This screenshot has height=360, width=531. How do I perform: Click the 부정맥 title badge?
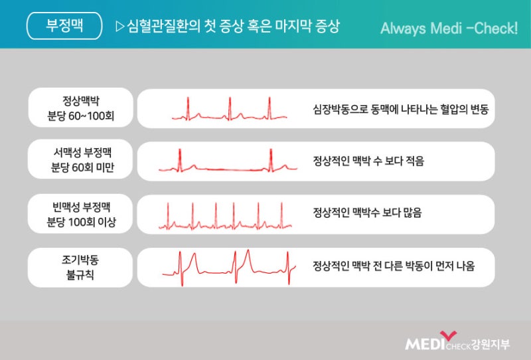click(x=64, y=26)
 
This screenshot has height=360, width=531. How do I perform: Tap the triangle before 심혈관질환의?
click(x=120, y=27)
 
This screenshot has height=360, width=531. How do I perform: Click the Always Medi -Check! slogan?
click(x=449, y=28)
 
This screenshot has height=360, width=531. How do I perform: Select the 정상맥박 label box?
click(x=80, y=108)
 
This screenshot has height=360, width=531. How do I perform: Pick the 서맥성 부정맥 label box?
click(x=80, y=159)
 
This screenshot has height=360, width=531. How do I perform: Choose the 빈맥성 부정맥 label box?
click(x=80, y=214)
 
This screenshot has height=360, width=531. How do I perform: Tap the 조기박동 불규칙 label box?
click(x=80, y=268)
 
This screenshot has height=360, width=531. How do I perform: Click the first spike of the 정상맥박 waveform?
click(x=188, y=108)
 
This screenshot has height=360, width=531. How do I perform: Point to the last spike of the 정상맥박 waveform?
click(x=269, y=108)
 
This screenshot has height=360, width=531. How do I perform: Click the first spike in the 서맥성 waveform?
click(x=180, y=160)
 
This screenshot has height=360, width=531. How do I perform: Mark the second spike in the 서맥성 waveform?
click(x=271, y=160)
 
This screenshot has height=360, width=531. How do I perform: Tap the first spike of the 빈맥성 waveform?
click(x=168, y=216)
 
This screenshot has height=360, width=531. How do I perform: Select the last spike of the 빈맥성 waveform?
click(x=281, y=216)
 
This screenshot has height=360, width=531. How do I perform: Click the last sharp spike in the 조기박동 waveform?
click(x=288, y=268)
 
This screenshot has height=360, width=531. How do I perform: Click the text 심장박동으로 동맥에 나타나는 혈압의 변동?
click(x=401, y=109)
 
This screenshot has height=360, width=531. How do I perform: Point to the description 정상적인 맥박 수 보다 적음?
click(x=368, y=161)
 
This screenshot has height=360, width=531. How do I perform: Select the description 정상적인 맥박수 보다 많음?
click(x=367, y=213)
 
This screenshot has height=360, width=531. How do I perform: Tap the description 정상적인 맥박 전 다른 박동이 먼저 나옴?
click(x=394, y=266)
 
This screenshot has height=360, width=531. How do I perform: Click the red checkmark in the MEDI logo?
click(x=448, y=335)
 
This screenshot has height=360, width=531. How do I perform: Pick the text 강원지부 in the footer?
click(x=491, y=345)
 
